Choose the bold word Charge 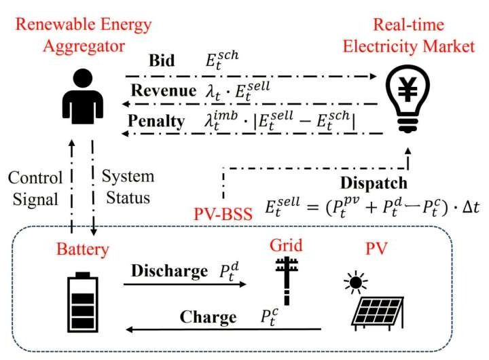[207, 317]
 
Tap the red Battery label [83, 249]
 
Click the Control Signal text [35, 187]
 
